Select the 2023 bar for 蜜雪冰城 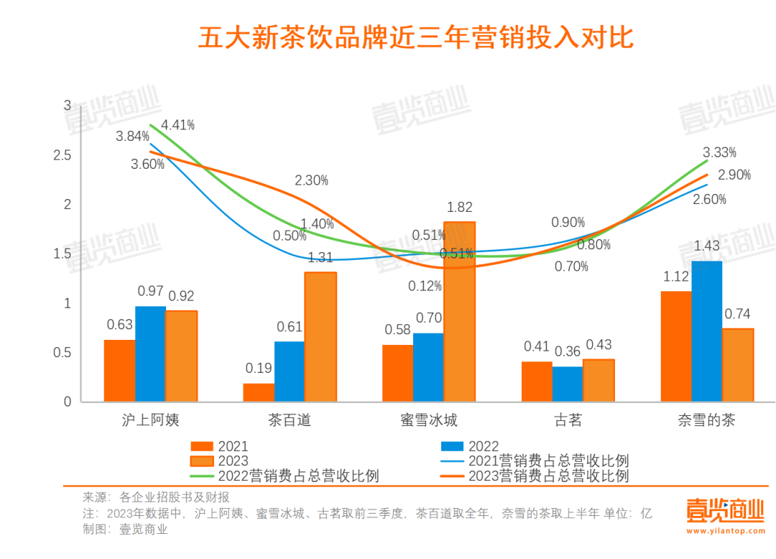tap(459, 312)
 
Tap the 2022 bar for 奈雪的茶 tap(706, 331)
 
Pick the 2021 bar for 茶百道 tap(259, 392)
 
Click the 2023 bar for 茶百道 tap(320, 337)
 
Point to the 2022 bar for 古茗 tap(568, 384)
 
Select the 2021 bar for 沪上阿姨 tap(119, 371)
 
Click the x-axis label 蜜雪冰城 tap(429, 420)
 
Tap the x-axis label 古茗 tap(568, 420)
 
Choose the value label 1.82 tap(459, 208)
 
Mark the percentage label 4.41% tap(178, 125)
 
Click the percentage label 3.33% tap(719, 152)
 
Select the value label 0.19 tap(259, 369)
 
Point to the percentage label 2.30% tap(311, 180)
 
